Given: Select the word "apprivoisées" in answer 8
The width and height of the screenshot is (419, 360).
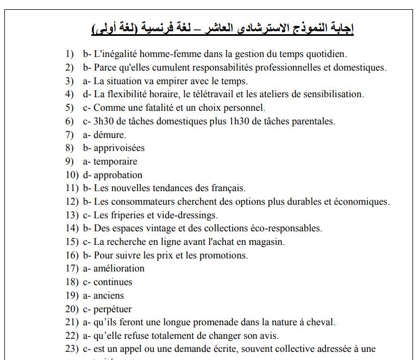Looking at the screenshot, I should (x=119, y=148).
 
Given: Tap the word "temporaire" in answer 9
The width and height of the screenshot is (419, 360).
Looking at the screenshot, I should (x=115, y=161).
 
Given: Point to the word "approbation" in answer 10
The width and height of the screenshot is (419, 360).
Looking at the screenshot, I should (x=118, y=175).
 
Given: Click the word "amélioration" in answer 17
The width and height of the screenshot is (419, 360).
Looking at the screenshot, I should (x=119, y=268).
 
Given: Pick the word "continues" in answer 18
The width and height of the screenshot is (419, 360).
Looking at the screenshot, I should (x=112, y=282).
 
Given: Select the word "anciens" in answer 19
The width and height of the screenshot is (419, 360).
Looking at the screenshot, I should (x=109, y=295).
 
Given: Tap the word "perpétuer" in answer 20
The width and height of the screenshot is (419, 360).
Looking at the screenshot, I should (x=112, y=309).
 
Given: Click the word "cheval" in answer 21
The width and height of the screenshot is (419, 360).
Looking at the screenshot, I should (x=322, y=323).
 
